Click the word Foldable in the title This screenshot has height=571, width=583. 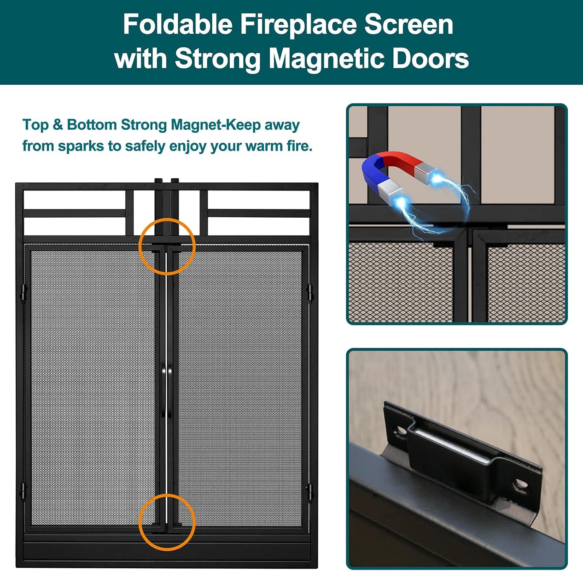(x=177, y=24)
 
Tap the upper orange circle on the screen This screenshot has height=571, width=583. (x=167, y=246)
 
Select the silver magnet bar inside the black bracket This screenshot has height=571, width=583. (x=451, y=444)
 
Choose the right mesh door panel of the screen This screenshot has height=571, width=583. (x=239, y=387)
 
